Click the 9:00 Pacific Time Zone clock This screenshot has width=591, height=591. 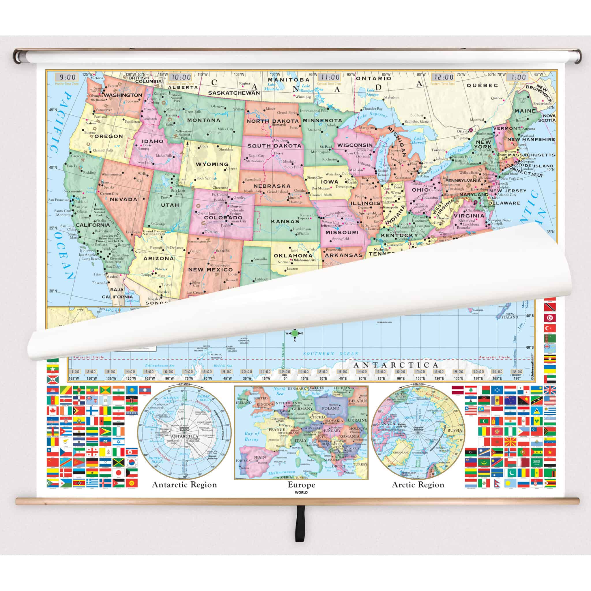[67, 77]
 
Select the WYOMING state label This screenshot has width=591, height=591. [212, 164]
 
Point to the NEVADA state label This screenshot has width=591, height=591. [124, 199]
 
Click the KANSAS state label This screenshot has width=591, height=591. [285, 221]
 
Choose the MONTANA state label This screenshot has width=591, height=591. [204, 120]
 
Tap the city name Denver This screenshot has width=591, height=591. [236, 207]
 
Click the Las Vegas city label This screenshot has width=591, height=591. [133, 232]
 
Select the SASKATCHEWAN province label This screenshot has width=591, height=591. [234, 93]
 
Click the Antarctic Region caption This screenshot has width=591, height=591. [184, 485]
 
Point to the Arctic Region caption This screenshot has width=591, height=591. [418, 485]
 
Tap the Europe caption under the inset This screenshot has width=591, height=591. [301, 485]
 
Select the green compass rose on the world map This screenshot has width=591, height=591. [295, 333]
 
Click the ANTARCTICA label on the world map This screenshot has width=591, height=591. [396, 365]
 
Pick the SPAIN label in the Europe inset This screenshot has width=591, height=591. [260, 457]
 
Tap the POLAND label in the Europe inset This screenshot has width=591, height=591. [331, 408]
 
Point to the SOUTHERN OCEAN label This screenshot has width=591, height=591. [331, 354]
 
